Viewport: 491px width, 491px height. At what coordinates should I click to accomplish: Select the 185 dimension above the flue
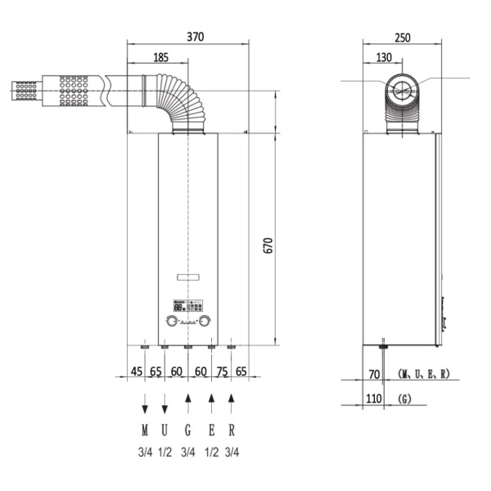click(x=160, y=57)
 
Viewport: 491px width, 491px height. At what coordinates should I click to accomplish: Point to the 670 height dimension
click(x=268, y=245)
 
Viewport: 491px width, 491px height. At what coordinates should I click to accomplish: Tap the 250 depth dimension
click(x=402, y=37)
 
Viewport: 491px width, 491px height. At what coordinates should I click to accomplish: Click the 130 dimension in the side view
click(x=384, y=57)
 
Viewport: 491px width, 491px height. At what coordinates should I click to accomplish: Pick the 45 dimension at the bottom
click(x=136, y=372)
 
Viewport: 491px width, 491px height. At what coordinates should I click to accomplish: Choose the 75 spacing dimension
click(x=221, y=372)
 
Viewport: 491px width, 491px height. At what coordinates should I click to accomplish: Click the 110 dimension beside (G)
click(x=375, y=399)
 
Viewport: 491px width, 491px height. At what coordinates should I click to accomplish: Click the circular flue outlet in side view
click(x=401, y=89)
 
